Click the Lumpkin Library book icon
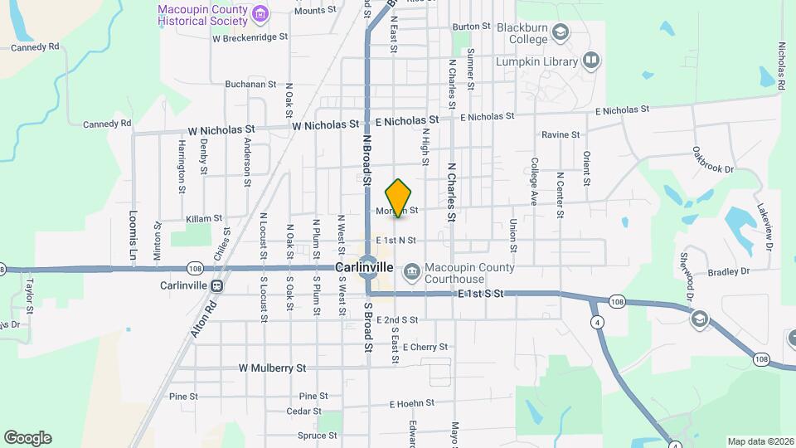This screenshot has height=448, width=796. coord(591,60)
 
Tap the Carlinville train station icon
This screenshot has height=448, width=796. coord(216,285)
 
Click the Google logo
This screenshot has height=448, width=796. coord(27,438)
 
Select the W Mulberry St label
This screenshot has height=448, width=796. coord(272,368)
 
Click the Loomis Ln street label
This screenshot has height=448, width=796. coord(133,236)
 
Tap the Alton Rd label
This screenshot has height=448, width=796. coord(203,319)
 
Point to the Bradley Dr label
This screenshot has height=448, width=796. coord(728,271)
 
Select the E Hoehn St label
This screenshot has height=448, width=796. coord(412,403)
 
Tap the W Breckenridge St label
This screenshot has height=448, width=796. coord(250,37)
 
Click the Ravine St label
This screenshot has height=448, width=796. coord(561,134)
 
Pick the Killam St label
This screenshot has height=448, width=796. coord(205,218)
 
